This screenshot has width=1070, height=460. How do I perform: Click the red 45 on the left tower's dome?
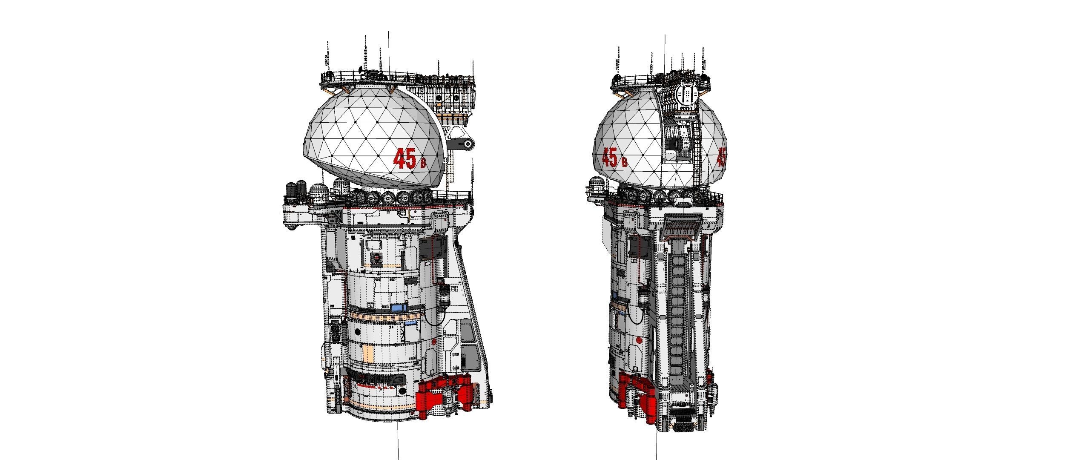coord(404,158)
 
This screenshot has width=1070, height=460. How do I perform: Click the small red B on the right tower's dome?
coord(624,162)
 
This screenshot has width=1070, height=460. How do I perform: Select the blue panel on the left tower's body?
coord(398,307)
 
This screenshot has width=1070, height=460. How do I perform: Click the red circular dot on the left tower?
coord(434,341)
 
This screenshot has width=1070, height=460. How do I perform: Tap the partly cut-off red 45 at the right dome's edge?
coord(721,158)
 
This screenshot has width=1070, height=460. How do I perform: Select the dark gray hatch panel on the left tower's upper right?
coord(432,249)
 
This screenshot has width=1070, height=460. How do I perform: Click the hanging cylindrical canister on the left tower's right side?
coord(444,295)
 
